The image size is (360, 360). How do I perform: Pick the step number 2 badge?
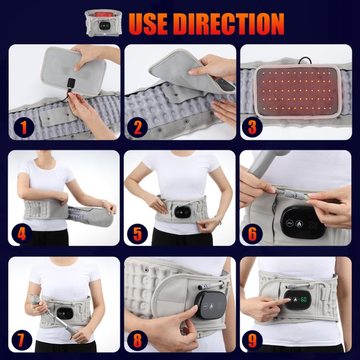(138, 128)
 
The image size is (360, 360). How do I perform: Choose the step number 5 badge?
(138, 234)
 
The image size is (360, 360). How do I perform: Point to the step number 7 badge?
(22, 340)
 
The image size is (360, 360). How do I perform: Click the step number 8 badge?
(138, 340)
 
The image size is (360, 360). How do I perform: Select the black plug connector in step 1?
(71, 84)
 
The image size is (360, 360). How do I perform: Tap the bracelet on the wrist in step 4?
(104, 204)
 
